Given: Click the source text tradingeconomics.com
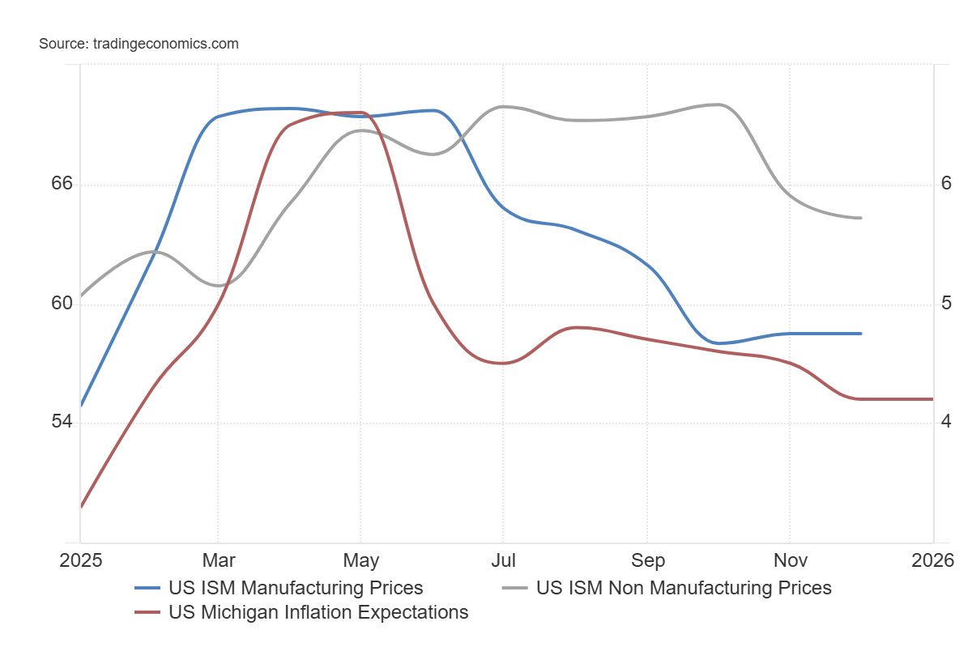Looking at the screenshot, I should point(139,44).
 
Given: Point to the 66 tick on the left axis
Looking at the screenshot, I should point(62,185).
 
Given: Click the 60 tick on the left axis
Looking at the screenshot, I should point(62,304).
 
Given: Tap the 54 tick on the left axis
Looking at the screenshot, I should point(62,423).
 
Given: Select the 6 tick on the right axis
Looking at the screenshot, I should point(945,185).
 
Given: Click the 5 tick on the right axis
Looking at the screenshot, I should point(945,304).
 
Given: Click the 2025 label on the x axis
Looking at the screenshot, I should point(80,560).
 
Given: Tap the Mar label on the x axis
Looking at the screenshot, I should point(218,560).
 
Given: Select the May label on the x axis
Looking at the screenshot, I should point(360,560).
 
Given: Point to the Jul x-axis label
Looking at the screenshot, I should point(503,560).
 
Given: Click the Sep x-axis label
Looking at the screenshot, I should point(647,560).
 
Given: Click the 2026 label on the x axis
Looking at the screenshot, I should point(933,560).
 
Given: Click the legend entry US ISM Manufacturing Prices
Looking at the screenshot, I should point(296,588).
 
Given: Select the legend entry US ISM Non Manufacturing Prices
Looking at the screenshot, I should point(684,588).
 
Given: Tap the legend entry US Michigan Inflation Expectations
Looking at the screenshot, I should point(318,612).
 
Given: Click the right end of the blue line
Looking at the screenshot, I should point(861,334).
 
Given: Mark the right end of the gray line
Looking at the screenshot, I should point(861,218).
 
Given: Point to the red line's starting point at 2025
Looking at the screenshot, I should point(81,507).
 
